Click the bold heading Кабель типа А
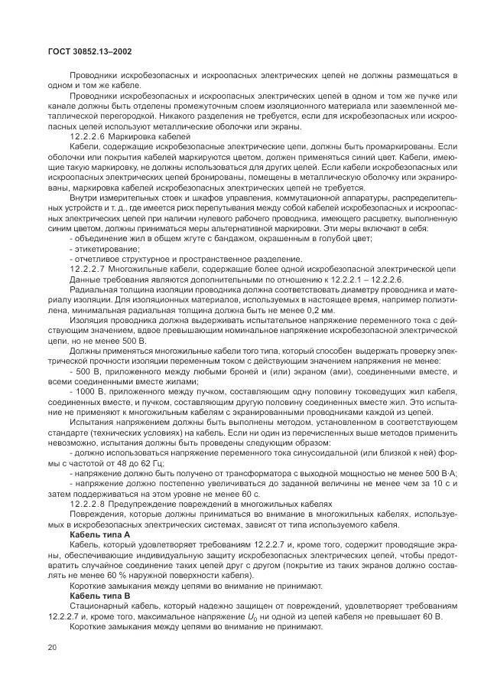click(99, 534)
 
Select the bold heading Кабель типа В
click(99, 594)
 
